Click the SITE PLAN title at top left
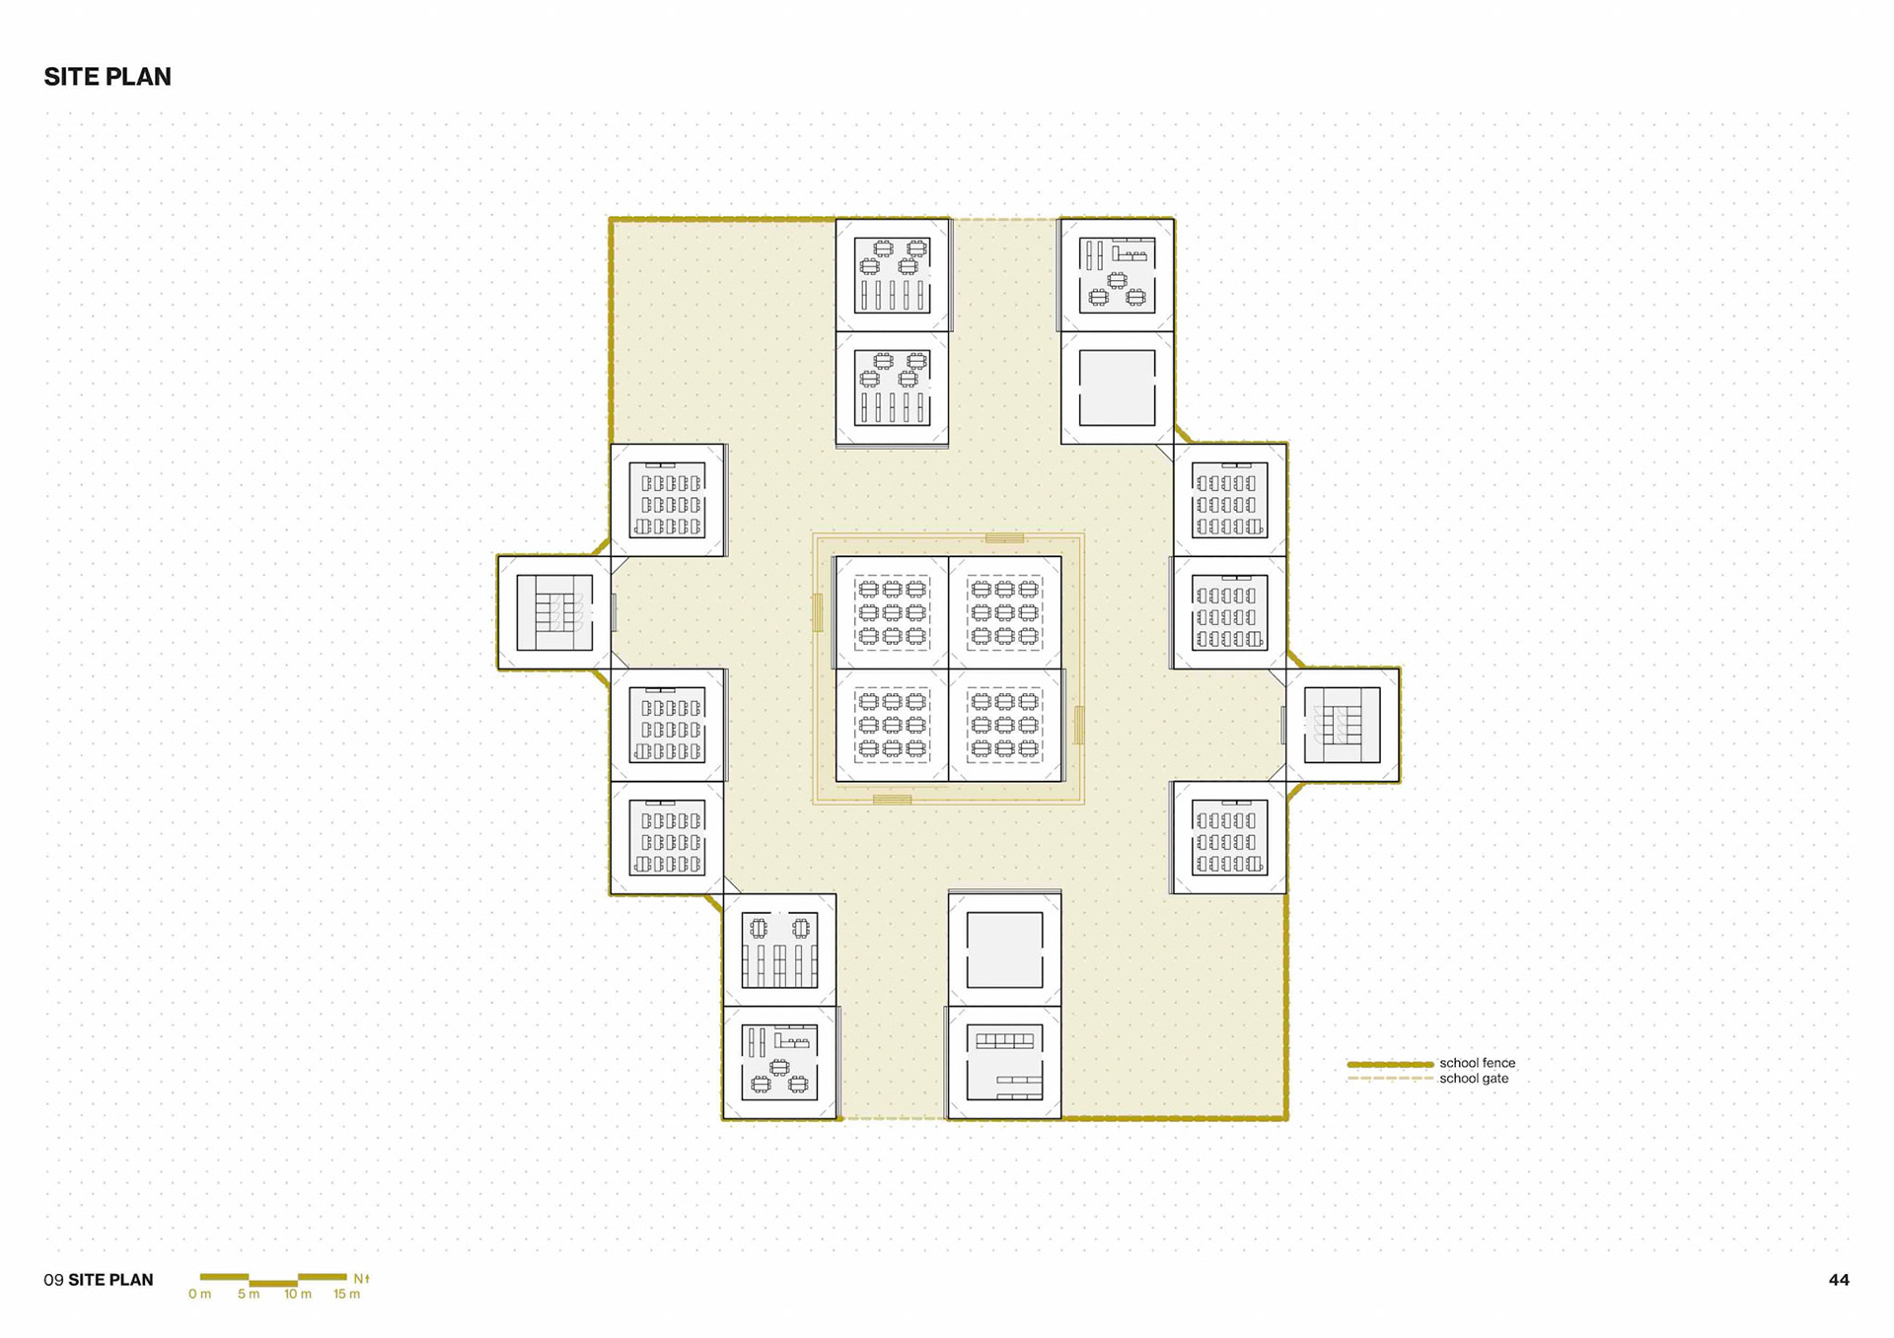tap(108, 77)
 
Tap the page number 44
tap(1839, 1280)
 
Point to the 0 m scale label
tap(199, 1294)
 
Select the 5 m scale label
tap(249, 1294)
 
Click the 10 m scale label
tap(298, 1294)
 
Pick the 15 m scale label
tap(346, 1294)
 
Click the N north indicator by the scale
tap(361, 1279)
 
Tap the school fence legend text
tap(1477, 1063)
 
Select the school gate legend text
tap(1474, 1079)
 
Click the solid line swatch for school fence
tap(1390, 1065)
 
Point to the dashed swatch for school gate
tap(1390, 1079)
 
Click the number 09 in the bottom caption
tap(53, 1280)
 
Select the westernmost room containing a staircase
tap(554, 612)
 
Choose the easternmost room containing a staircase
tap(1343, 726)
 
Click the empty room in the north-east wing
tap(1117, 387)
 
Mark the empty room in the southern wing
tap(1004, 951)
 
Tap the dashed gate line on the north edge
tap(1005, 219)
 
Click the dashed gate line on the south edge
tap(893, 1118)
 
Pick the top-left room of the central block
tap(892, 612)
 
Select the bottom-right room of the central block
tap(1004, 726)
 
